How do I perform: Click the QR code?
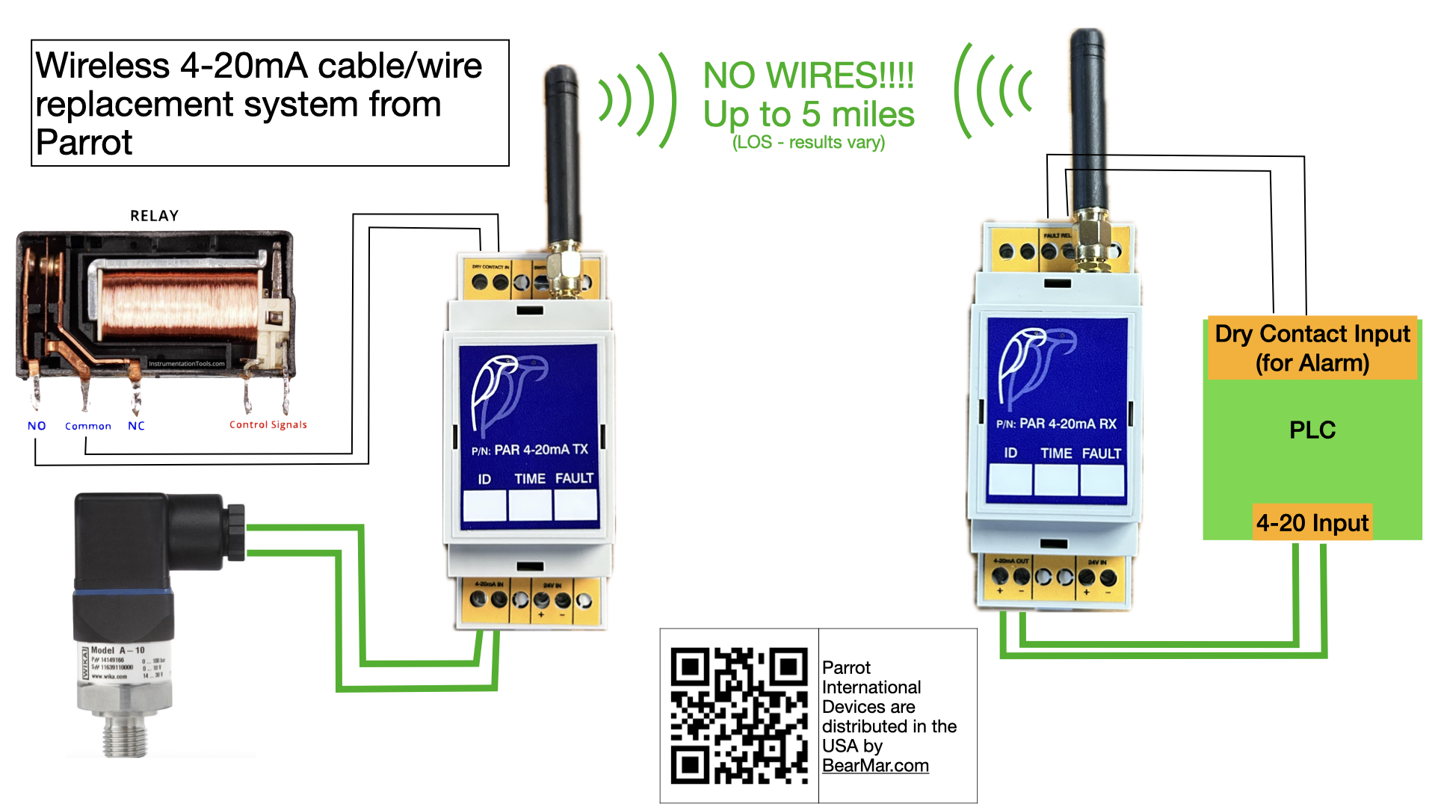click(x=738, y=715)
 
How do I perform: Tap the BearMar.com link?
click(x=875, y=766)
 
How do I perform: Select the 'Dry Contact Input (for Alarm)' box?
click(x=1312, y=348)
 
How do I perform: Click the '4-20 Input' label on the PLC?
click(x=1312, y=523)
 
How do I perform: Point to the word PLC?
click(x=1312, y=430)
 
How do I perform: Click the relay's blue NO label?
click(x=37, y=426)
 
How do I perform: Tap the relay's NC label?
click(x=136, y=426)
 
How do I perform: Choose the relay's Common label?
click(x=88, y=426)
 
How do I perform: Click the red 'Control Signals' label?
click(x=268, y=424)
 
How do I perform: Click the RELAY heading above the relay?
click(x=155, y=216)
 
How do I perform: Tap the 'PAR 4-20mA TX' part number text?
click(x=541, y=450)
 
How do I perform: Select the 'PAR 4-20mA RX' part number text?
click(x=1067, y=424)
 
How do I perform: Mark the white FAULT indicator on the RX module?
click(x=1102, y=480)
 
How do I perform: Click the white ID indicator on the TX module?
click(x=484, y=505)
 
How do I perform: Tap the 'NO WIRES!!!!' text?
click(x=809, y=75)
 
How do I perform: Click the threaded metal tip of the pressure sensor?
click(x=124, y=736)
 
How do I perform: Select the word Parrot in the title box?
click(x=84, y=143)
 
